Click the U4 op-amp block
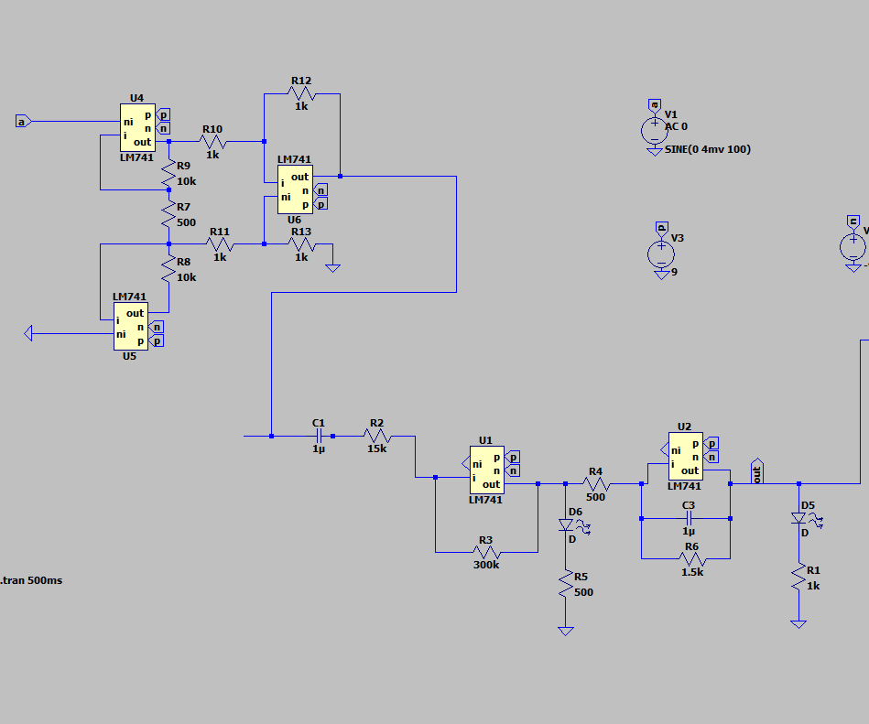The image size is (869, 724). click(137, 127)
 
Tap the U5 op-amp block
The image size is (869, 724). click(130, 326)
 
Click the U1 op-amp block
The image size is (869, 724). click(486, 470)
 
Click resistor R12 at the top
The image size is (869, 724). click(302, 93)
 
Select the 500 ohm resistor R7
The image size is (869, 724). click(168, 216)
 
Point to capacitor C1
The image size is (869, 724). click(318, 437)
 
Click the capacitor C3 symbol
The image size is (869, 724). click(689, 518)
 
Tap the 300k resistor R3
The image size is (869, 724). click(486, 552)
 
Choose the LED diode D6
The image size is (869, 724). click(566, 525)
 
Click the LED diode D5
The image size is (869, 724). click(799, 519)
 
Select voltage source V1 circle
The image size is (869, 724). click(653, 131)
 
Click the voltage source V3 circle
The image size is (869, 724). click(660, 252)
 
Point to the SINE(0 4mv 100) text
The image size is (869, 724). click(708, 149)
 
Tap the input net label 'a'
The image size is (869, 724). click(23, 121)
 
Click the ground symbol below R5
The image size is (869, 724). click(566, 631)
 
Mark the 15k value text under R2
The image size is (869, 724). click(377, 449)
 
